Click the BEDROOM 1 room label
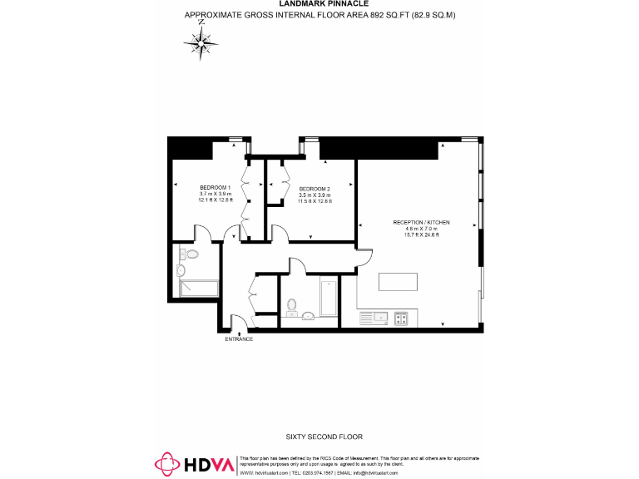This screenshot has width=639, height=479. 215,188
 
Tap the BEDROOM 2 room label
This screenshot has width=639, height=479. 315,188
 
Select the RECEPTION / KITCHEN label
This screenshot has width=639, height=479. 421,222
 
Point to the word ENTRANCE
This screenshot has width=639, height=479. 239,339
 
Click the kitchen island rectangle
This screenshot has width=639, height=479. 402,281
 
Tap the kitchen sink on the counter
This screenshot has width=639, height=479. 371,317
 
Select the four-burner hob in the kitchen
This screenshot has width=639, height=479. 401,317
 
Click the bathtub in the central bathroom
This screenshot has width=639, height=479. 328,298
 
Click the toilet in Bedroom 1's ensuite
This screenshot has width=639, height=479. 191,254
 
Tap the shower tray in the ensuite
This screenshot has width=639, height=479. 199,289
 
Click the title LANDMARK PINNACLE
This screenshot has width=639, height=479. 319,4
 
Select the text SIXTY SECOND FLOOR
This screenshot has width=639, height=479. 319,437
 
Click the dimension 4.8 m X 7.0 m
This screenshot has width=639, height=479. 421,229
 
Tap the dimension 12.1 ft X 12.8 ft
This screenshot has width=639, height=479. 215,200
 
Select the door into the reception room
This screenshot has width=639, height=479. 363,259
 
